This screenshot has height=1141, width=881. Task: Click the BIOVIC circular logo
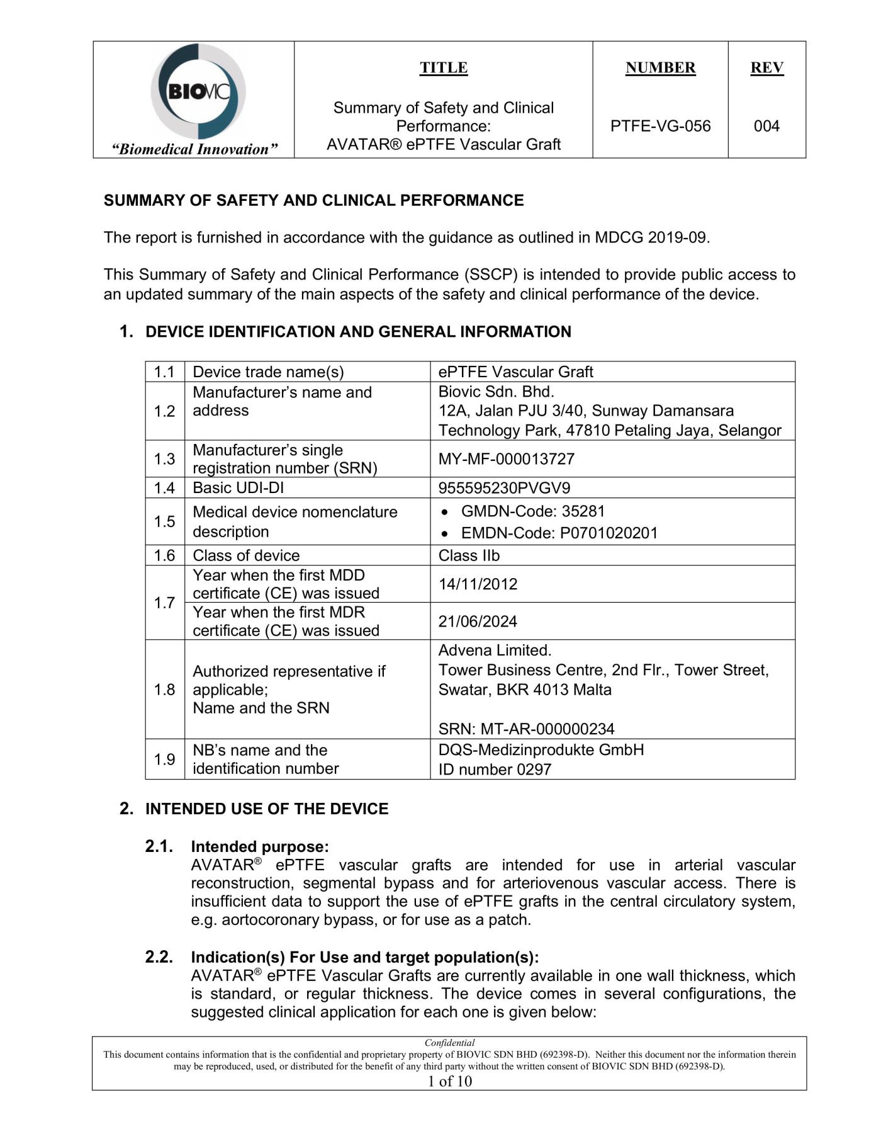(198, 92)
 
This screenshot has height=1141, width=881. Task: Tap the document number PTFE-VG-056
(660, 126)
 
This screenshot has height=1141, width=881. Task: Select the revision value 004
(766, 126)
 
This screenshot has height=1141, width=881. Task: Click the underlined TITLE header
(444, 67)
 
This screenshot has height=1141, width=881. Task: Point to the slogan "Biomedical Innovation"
(194, 149)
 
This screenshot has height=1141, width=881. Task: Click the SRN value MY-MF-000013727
(507, 458)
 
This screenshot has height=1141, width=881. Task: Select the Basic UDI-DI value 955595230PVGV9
(505, 488)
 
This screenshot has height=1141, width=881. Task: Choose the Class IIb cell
(469, 555)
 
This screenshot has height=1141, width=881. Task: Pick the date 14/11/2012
(478, 584)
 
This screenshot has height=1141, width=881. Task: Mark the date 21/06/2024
(478, 622)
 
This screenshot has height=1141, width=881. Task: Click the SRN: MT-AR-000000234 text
(526, 729)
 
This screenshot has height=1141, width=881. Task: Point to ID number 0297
(495, 769)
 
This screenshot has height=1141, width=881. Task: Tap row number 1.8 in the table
(164, 690)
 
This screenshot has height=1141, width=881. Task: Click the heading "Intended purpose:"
(260, 847)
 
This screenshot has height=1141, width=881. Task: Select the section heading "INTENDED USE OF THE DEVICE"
(267, 809)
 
